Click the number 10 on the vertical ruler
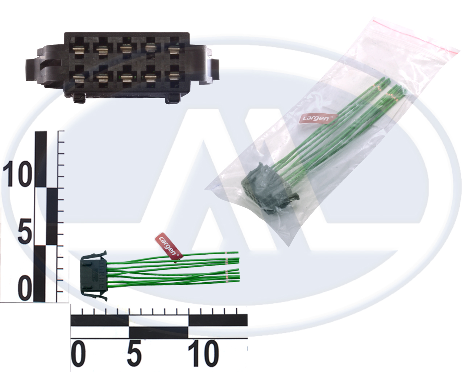[18, 174]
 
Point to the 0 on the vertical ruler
[25, 288]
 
